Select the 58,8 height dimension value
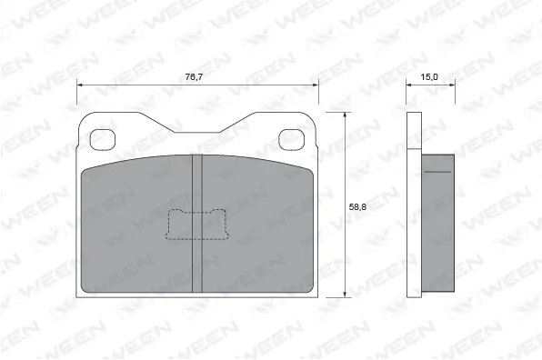(x=359, y=206)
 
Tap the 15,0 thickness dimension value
(x=430, y=77)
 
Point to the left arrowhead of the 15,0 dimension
(x=409, y=85)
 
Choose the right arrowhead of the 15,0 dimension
(x=451, y=85)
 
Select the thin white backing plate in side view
(x=414, y=205)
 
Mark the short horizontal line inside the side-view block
(x=440, y=171)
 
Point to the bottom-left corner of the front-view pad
(x=83, y=294)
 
